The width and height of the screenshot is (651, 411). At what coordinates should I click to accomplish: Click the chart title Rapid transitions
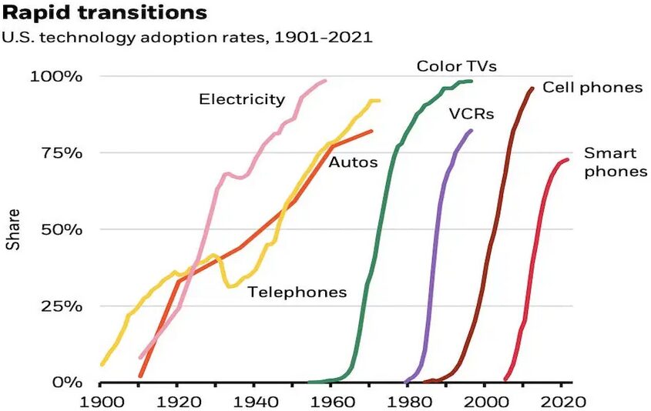pos(106,13)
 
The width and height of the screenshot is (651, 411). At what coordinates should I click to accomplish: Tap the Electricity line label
pos(242,99)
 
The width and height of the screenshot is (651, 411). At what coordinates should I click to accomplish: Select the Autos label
pos(353,162)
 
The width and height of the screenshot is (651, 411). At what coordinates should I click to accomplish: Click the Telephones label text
pos(297,292)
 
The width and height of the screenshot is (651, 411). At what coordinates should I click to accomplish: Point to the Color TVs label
pos(456,66)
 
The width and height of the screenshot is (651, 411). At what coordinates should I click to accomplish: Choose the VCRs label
pos(471,115)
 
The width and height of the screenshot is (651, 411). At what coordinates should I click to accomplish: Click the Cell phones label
pos(592,87)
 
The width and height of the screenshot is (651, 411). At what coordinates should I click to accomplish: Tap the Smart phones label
pos(615,162)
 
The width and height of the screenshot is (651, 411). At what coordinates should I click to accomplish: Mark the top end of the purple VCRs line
pos(471,131)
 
